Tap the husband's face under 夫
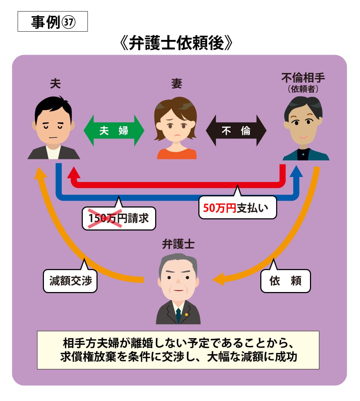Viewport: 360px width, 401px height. pyautogui.click(x=53, y=124)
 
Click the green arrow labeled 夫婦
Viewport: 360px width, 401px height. pyautogui.click(x=114, y=131)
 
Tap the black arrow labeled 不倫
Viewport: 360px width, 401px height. pyautogui.click(x=236, y=131)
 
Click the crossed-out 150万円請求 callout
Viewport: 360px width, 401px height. pyautogui.click(x=119, y=218)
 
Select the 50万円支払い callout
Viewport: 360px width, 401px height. pyautogui.click(x=237, y=208)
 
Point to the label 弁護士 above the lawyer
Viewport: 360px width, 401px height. pyautogui.click(x=178, y=245)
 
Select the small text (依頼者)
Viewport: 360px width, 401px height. pyautogui.click(x=303, y=88)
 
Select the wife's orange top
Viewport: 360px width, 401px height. pyautogui.click(x=176, y=154)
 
